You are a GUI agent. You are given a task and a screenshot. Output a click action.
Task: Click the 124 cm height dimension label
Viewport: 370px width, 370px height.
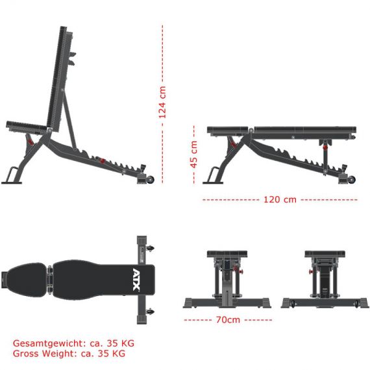(x=162, y=102)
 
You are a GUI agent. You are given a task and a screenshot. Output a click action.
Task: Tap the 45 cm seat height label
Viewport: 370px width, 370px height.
(x=193, y=154)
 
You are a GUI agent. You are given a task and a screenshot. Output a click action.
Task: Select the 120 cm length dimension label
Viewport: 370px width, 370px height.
(x=280, y=200)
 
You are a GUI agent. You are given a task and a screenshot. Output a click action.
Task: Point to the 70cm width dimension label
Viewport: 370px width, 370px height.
(x=228, y=320)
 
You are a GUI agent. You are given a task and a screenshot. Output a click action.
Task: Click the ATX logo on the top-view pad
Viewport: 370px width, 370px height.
(x=136, y=279)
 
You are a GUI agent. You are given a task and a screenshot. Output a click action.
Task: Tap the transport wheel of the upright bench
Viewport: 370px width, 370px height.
(x=151, y=180)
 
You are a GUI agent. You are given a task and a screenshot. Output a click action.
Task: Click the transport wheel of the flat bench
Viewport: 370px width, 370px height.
(x=352, y=179)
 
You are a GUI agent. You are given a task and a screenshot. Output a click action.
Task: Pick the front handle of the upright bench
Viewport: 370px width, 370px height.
(x=12, y=174)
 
